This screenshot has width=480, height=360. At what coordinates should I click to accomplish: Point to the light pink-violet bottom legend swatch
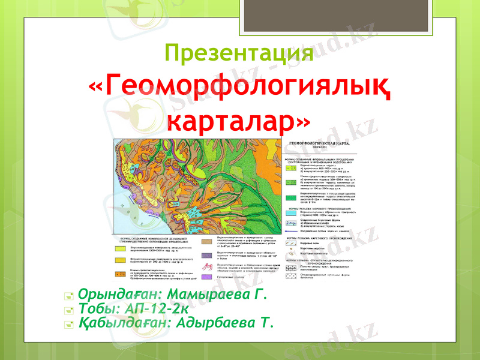(x=205, y=277)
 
